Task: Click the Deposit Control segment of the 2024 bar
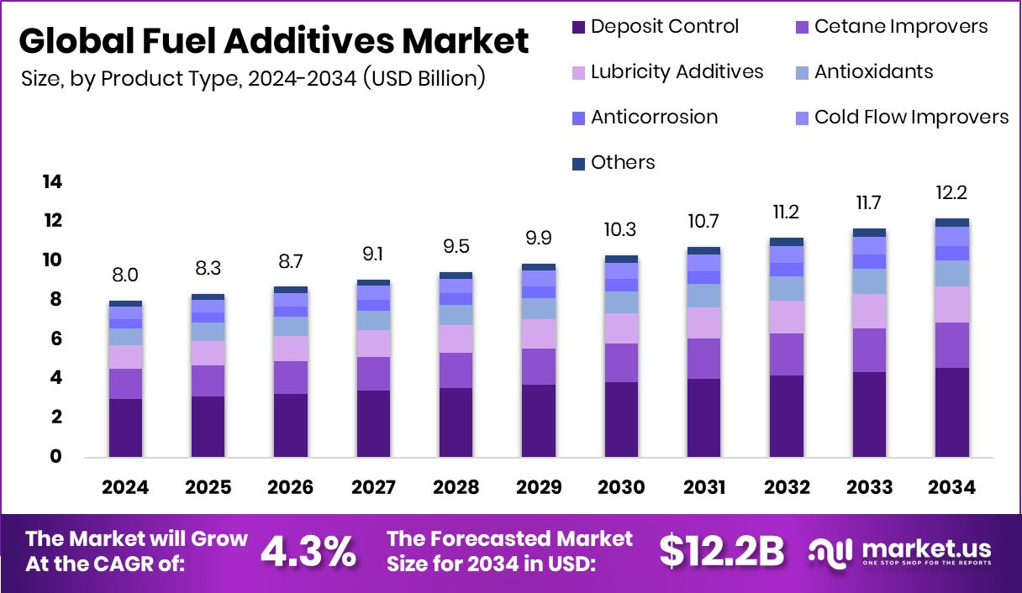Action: pos(125,428)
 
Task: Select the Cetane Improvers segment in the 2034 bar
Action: pos(952,345)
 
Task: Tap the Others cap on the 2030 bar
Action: pos(621,259)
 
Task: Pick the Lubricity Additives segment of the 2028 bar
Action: pos(456,338)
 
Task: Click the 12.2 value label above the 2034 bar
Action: pos(952,193)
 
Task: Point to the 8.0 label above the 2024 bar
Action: pos(125,276)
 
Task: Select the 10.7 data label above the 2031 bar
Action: pos(703,222)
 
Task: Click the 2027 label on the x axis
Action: pos(373,488)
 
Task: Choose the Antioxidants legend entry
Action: pos(873,71)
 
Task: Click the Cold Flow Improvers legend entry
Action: pos(911,117)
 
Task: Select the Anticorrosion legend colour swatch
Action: pos(578,118)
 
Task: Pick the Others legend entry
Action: pos(622,162)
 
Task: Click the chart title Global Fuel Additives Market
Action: pos(273,40)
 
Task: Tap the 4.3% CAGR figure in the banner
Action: pos(308,551)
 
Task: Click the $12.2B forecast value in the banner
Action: pos(721,551)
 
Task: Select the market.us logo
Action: pos(901,552)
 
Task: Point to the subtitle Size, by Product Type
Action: pos(252,78)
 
